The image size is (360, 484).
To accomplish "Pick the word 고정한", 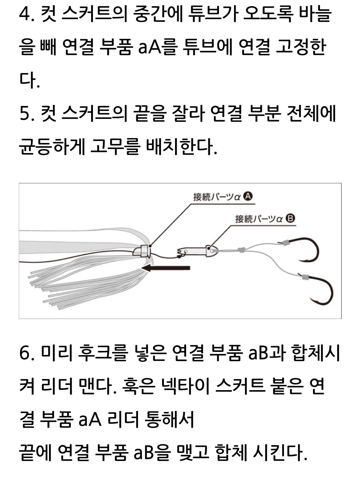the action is point(301,48).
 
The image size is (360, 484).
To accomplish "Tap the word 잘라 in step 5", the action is point(188,114).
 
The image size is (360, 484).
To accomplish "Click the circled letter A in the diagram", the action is point(248,197).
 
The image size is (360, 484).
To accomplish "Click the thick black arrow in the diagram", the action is point(166,268).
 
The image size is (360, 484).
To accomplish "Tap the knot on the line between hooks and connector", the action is point(241,250).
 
